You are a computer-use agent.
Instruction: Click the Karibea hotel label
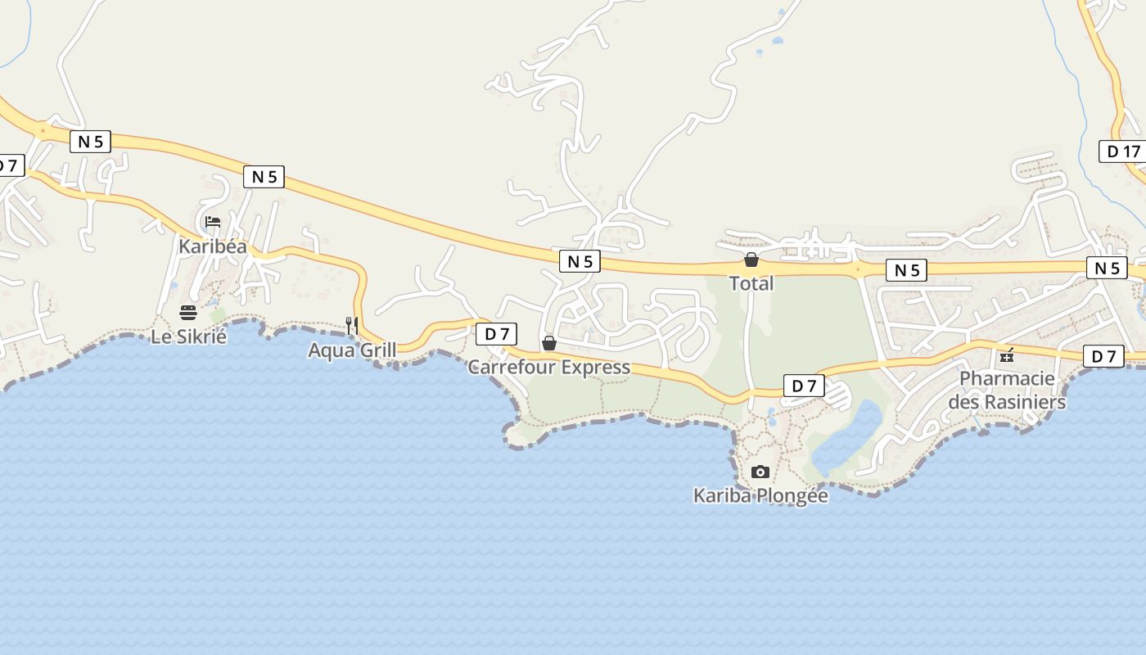point(213,246)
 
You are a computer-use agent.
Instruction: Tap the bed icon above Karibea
point(213,222)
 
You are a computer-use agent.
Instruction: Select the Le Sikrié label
point(188,336)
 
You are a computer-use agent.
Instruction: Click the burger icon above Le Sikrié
point(188,312)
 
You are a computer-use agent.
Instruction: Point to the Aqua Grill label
point(352,350)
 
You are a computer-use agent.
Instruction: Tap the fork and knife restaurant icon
point(352,325)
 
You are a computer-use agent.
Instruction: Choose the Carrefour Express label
point(548,367)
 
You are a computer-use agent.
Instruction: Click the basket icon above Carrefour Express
point(548,342)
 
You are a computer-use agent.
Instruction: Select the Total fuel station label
point(751,283)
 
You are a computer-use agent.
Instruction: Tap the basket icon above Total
point(751,260)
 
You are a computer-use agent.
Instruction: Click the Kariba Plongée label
point(760,495)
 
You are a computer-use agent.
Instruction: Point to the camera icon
point(760,472)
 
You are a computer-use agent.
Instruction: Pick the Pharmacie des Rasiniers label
point(1007,391)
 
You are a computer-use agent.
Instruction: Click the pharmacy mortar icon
point(1007,355)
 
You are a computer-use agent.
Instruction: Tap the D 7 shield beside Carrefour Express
point(496,334)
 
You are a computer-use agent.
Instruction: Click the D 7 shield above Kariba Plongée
point(804,386)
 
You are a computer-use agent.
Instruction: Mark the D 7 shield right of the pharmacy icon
point(1103,356)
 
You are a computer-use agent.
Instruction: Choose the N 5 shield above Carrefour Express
point(580,261)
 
